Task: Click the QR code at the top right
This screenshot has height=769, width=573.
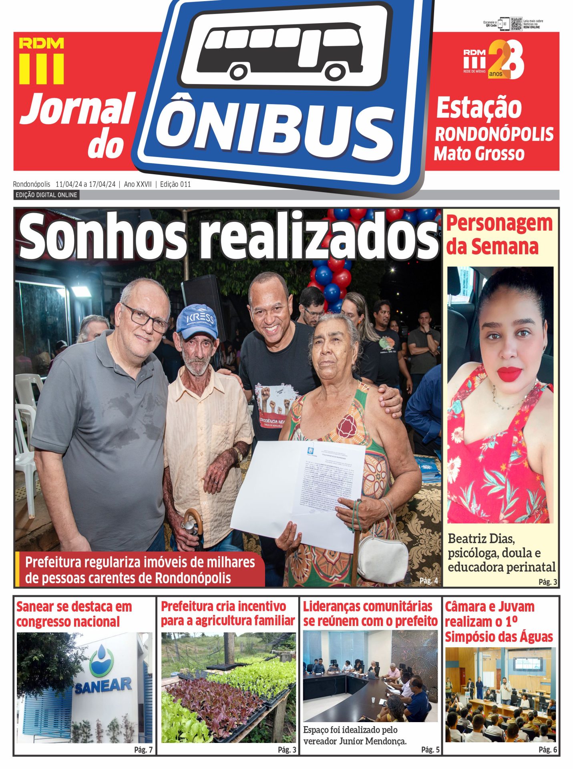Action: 516,24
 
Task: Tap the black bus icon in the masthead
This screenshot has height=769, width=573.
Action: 280,50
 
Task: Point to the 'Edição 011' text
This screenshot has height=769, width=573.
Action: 175,184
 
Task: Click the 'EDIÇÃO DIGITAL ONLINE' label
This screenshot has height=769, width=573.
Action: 46,195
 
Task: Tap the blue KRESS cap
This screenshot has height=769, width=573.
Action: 198,320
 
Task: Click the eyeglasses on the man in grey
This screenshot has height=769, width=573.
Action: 146,318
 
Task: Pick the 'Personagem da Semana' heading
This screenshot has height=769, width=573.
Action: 499,235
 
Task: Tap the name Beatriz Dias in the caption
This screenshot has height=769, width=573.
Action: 481,539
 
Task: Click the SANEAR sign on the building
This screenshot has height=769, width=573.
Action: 103,685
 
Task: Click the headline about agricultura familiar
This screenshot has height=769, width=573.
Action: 227,614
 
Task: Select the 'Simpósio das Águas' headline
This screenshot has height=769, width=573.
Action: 499,637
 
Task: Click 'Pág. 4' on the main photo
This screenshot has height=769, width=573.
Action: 428,581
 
